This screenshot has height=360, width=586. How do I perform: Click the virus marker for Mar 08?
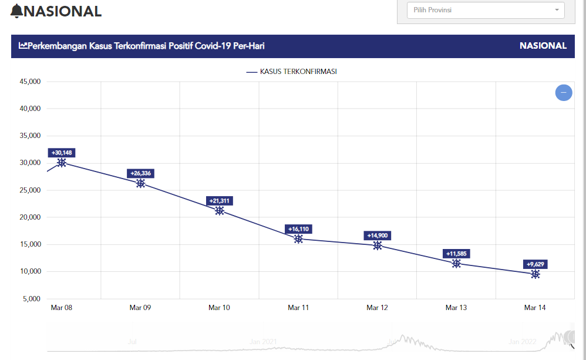pyautogui.click(x=62, y=163)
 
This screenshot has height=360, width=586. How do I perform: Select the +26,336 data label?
pyautogui.click(x=140, y=173)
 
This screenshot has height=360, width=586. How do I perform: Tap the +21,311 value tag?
pyautogui.click(x=220, y=201)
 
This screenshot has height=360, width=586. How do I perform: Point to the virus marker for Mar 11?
pyautogui.click(x=298, y=239)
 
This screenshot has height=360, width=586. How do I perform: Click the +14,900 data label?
pyautogui.click(x=377, y=235)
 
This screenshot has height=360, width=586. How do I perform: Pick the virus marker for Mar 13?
pyautogui.click(x=456, y=264)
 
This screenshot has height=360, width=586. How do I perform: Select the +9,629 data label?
pyautogui.click(x=536, y=264)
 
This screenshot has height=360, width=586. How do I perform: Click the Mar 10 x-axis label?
pyautogui.click(x=219, y=308)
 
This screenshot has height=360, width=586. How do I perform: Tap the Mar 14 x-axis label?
pyautogui.click(x=535, y=308)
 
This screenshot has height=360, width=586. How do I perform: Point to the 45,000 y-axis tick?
pyautogui.click(x=29, y=82)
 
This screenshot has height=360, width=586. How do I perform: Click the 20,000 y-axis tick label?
pyautogui.click(x=29, y=217)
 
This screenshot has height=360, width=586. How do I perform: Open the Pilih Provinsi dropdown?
pyautogui.click(x=485, y=10)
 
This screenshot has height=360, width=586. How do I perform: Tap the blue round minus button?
pyautogui.click(x=564, y=93)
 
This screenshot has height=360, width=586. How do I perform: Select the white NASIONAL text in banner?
pyautogui.click(x=543, y=46)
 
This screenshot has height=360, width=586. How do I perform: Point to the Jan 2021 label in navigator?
pyautogui.click(x=263, y=341)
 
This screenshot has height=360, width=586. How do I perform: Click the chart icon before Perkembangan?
pyautogui.click(x=23, y=45)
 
